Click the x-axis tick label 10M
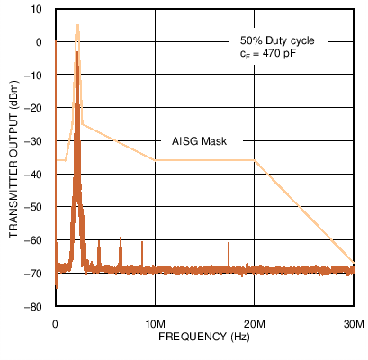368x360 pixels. point(155,323)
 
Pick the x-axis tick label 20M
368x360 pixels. point(255,323)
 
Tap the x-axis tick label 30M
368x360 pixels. point(354,323)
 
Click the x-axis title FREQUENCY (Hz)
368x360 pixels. point(204,336)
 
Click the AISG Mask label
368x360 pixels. point(198,142)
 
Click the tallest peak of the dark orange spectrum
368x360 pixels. point(77,54)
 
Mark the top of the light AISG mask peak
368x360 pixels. point(77,26)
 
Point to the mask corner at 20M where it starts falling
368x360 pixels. point(255,160)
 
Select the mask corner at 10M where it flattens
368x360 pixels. point(155,160)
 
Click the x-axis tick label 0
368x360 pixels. point(56,323)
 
